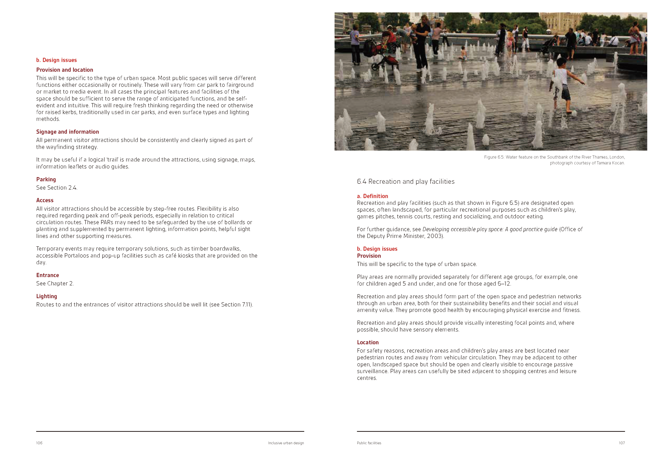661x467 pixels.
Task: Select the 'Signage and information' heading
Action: [x=67, y=132]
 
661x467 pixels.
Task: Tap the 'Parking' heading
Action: [x=46, y=179]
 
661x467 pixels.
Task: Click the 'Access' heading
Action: [x=45, y=200]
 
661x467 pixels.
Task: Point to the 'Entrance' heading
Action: [x=47, y=275]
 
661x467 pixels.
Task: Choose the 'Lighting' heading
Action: [x=47, y=296]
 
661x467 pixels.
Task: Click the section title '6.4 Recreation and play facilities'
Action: [x=405, y=182]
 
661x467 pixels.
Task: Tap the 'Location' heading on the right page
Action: [x=368, y=342]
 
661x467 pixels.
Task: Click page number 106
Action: [x=39, y=443]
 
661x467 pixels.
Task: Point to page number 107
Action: [x=622, y=443]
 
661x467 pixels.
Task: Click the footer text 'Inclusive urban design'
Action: [x=286, y=443]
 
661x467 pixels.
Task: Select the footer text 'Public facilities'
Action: [x=369, y=443]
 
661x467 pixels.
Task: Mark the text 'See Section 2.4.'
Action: [x=57, y=188]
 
